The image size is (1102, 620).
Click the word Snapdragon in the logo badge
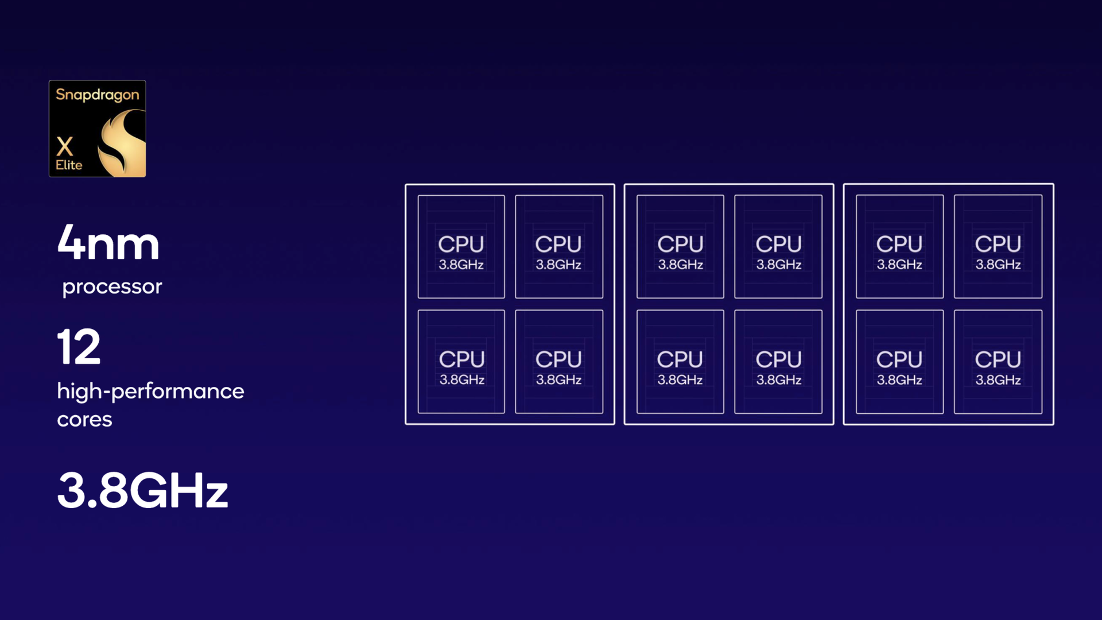[x=98, y=95]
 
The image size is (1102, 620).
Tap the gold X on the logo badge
[x=65, y=146]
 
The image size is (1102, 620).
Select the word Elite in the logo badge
[x=69, y=165]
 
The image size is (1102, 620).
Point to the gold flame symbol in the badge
[x=122, y=143]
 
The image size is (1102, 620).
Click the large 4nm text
[x=108, y=242]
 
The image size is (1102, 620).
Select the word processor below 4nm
[x=112, y=286]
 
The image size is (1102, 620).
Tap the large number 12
[x=79, y=347]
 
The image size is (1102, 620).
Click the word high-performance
[x=150, y=392]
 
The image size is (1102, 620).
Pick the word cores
[x=84, y=419]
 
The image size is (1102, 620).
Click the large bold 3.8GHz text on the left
[x=143, y=490]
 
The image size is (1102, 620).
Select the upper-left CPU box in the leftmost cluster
[x=461, y=247]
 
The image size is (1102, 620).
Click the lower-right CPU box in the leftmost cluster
[x=559, y=362]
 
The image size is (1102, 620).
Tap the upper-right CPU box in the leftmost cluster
[x=559, y=247]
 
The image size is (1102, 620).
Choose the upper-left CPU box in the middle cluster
[x=680, y=247]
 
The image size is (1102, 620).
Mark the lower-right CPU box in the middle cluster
[x=778, y=362]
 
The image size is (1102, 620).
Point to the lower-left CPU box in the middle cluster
[x=680, y=362]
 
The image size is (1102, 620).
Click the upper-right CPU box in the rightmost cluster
[x=998, y=247]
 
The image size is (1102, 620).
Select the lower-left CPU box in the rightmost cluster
[x=899, y=362]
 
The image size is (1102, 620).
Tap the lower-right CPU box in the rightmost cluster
[x=998, y=362]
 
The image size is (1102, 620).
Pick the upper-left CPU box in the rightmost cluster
[x=899, y=247]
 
